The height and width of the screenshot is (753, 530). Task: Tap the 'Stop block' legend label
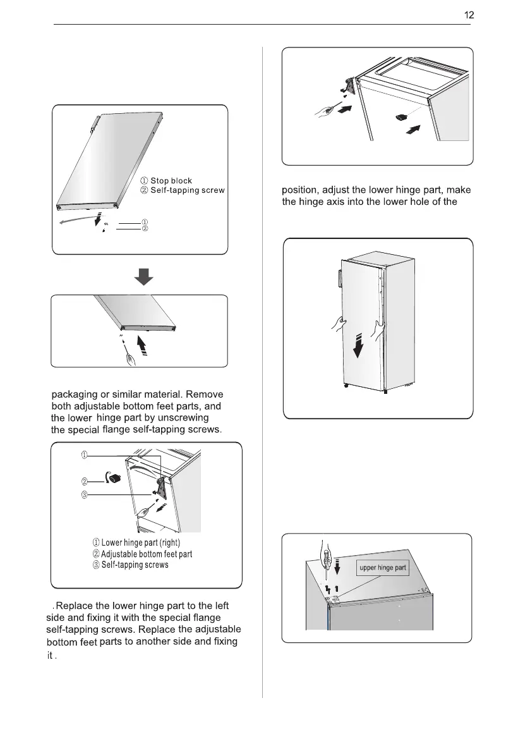click(x=171, y=181)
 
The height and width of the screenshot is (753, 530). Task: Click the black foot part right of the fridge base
click(x=402, y=117)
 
